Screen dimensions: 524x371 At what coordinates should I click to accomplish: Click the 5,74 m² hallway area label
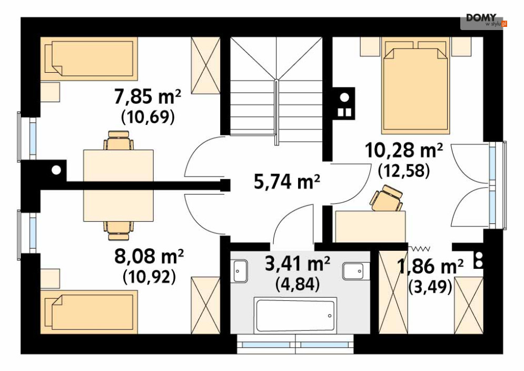(x=286, y=182)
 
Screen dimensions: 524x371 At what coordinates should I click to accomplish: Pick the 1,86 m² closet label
(x=430, y=266)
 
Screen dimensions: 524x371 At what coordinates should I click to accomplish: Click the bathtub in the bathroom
(x=295, y=315)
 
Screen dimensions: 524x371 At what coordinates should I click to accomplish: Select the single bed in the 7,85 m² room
(x=89, y=58)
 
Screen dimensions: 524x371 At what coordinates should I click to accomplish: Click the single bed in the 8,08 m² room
(x=89, y=312)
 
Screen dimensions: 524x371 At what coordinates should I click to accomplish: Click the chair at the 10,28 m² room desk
(x=387, y=198)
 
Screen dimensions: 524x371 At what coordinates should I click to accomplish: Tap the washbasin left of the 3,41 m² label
(x=240, y=271)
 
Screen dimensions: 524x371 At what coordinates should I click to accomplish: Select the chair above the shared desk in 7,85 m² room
(x=118, y=140)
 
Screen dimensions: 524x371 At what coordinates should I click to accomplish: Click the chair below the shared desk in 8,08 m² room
(x=118, y=230)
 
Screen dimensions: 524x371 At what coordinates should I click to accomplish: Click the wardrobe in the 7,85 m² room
(x=205, y=65)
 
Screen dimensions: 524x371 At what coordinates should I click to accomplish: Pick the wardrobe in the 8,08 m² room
(x=205, y=305)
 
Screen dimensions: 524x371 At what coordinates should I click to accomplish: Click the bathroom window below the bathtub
(x=295, y=344)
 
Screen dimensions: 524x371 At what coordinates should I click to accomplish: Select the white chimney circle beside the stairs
(x=344, y=97)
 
